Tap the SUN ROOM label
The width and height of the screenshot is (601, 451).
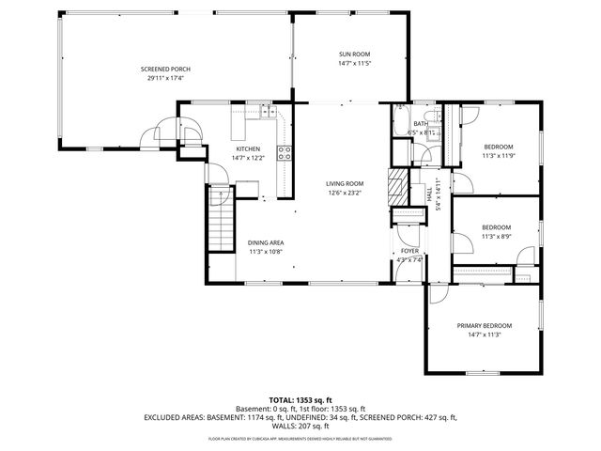tap(356, 54)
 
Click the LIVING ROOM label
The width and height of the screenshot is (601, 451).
tap(345, 183)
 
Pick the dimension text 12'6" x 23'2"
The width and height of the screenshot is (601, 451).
tap(345, 194)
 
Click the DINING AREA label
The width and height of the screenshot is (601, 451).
tap(266, 241)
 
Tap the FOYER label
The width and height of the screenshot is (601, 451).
tap(409, 251)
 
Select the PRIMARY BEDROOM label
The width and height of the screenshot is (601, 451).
tap(485, 325)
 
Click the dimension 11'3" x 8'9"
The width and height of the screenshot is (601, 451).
tap(496, 237)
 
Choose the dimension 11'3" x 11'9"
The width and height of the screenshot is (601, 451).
tap(499, 156)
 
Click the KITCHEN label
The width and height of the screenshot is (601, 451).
tap(248, 148)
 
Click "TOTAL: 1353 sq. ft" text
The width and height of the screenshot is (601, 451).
tap(300, 399)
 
